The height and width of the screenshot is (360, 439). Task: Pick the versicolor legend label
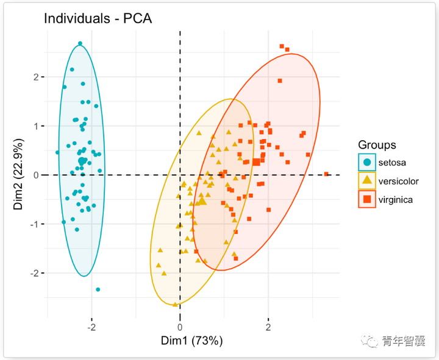pos(400,180)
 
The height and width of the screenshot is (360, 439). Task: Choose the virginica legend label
pos(397,199)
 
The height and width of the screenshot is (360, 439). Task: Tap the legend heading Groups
pos(377,145)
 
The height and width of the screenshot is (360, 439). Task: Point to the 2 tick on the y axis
pos(36,77)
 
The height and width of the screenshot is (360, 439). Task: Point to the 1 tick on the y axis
pos(36,126)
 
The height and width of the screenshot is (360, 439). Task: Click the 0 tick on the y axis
pos(36,175)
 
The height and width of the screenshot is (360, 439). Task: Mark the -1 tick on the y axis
pos(34,224)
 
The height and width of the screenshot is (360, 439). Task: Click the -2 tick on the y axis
pos(34,273)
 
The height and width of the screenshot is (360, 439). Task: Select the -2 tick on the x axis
pos(91,327)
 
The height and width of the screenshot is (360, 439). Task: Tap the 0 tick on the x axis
pos(180,327)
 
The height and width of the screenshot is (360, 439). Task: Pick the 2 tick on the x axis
pos(268,327)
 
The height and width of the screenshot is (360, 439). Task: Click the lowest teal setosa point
pos(98,289)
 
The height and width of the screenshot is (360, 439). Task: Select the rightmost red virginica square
pos(326,174)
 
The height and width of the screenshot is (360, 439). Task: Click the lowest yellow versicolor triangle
pos(176,304)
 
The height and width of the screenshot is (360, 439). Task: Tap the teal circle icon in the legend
pos(367,162)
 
